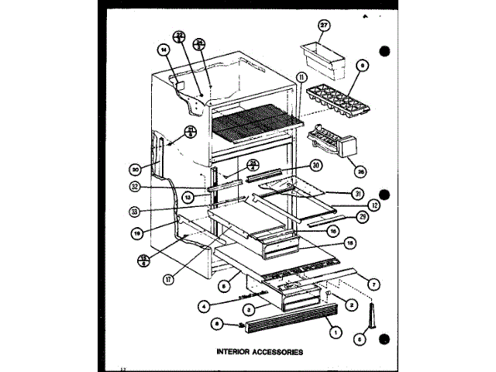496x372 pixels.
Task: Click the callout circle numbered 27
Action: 324,25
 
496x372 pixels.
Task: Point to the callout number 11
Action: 301,76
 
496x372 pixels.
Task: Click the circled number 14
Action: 164,51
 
